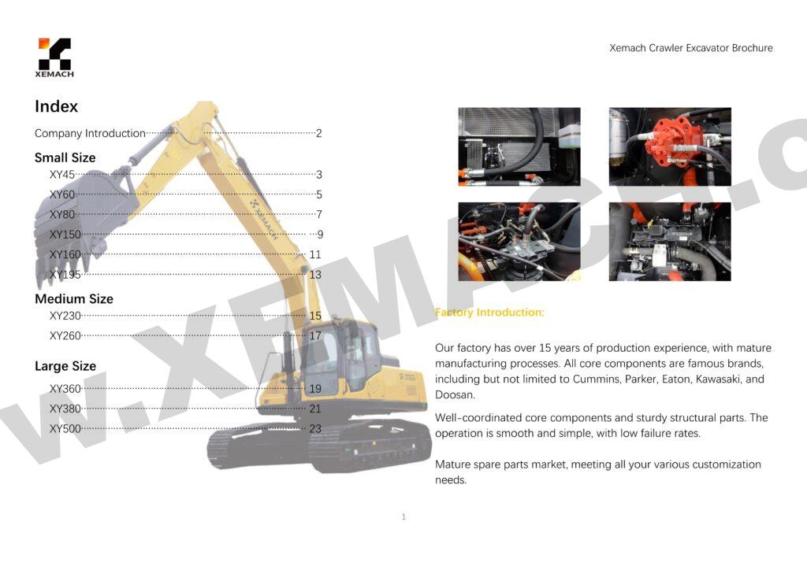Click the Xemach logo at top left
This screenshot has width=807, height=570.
54,57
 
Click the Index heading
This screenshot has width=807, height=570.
56,106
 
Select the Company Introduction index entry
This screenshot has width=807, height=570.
90,133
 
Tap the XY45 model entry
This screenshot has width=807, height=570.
61,175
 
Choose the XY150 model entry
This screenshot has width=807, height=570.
65,235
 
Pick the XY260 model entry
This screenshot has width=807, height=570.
65,335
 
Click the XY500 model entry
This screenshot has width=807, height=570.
65,429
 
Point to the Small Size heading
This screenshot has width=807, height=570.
65,157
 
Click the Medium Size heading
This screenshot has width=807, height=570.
73,299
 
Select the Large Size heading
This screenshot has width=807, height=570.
65,366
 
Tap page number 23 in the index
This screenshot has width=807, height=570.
315,429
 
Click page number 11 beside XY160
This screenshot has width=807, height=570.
315,254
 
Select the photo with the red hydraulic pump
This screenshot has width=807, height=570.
669,146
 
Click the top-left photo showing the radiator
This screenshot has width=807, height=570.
519,146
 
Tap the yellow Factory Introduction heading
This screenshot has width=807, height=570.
489,313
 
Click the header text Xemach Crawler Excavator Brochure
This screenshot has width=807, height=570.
690,48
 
